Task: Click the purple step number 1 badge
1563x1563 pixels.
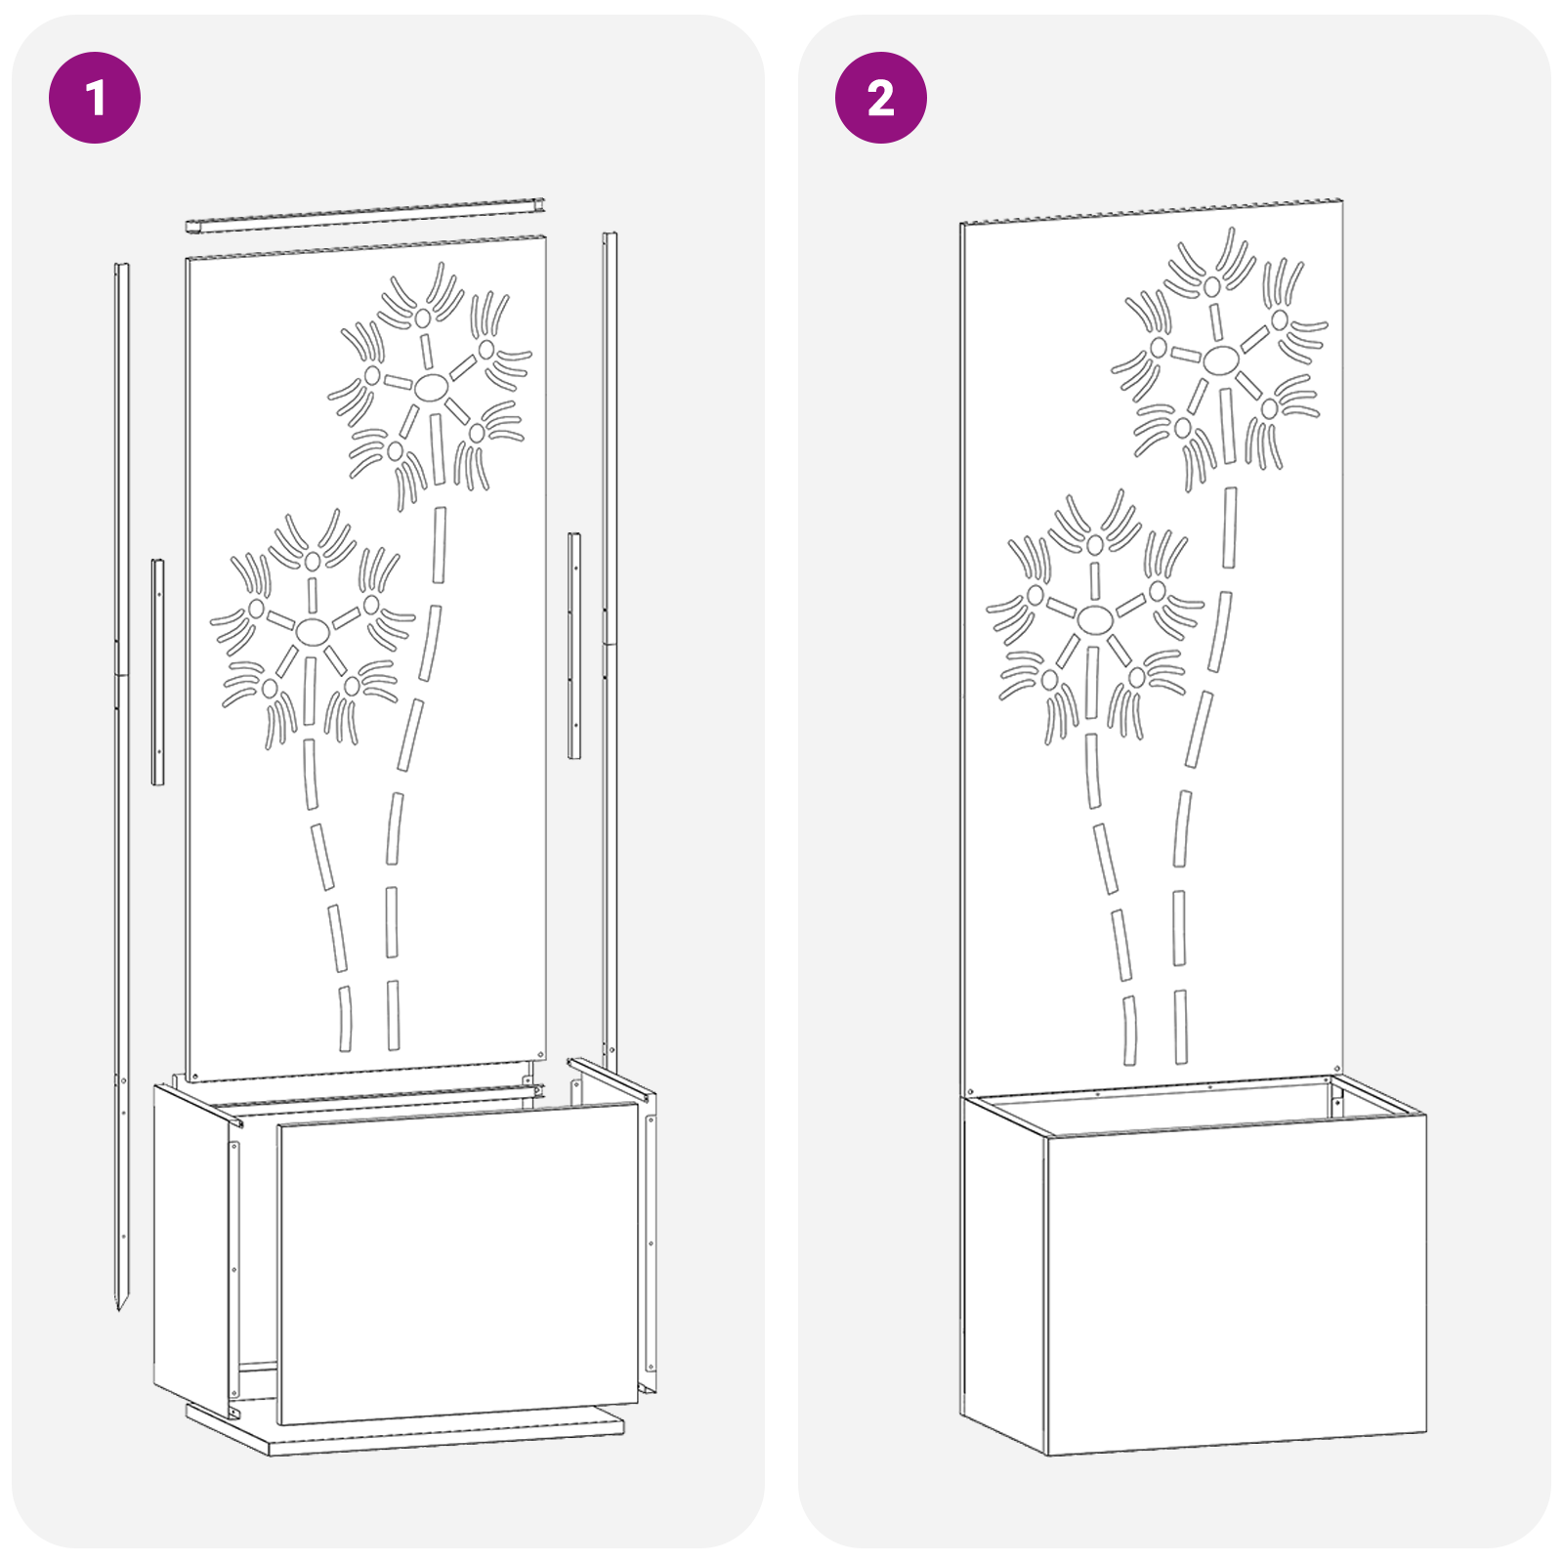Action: tap(95, 98)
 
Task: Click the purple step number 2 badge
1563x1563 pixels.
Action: tap(881, 98)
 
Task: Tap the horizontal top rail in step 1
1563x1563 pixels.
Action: tap(365, 216)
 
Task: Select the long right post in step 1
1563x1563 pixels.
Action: tap(610, 650)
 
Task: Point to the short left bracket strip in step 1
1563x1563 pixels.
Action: tap(157, 672)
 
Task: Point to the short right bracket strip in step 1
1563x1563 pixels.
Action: tap(574, 646)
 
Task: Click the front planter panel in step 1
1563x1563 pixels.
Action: tap(457, 1264)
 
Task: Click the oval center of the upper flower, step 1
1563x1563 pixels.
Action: tap(431, 388)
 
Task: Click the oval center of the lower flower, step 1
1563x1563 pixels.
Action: tap(313, 632)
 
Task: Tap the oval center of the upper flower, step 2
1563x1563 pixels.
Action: tap(1220, 360)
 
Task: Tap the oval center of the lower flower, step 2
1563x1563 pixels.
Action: tap(1095, 618)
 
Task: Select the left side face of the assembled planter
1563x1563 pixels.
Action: tap(1004, 1274)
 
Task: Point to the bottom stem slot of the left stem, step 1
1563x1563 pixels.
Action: tap(345, 1019)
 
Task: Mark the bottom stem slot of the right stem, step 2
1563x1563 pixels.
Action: tap(1181, 1027)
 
